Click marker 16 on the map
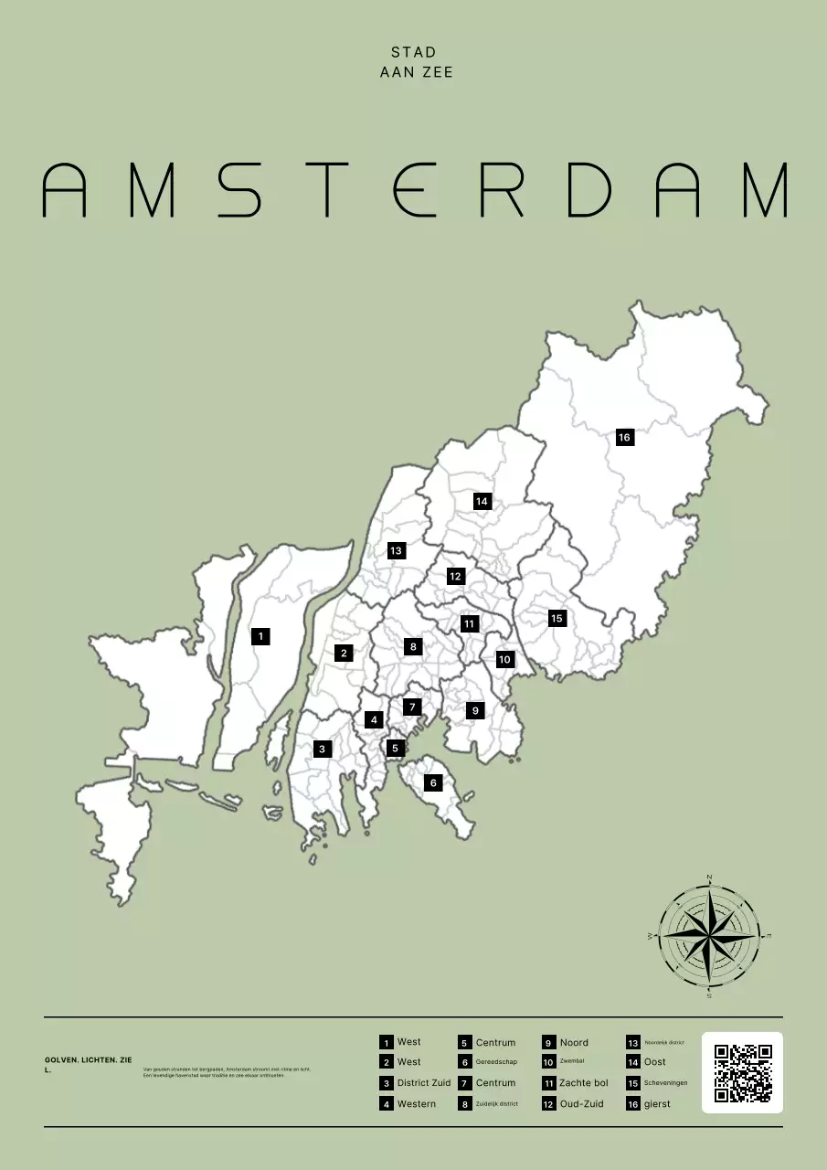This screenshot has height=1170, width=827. click(x=624, y=437)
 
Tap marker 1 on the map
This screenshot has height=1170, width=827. click(x=260, y=635)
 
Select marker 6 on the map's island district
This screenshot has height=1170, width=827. click(x=433, y=782)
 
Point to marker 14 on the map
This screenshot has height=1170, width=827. click(x=482, y=501)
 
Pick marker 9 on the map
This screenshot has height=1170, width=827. click(x=474, y=710)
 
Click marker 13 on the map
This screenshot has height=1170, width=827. click(x=396, y=550)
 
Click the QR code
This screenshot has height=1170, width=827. click(x=742, y=1073)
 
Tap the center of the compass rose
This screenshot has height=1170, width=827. click(x=709, y=937)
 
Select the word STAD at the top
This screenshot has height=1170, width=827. click(x=414, y=52)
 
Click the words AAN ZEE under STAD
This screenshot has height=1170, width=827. click(x=416, y=71)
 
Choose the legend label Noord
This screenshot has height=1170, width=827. click(x=574, y=1042)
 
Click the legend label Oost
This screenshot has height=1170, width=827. click(x=654, y=1062)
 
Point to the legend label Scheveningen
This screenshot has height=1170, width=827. click(x=665, y=1083)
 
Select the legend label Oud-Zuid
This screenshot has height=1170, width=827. click(x=581, y=1104)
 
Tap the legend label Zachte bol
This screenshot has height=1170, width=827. click(x=583, y=1083)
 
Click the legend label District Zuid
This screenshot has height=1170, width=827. click(x=423, y=1083)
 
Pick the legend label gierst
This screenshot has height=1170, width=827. click(x=657, y=1104)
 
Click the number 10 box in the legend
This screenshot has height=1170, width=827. click(x=548, y=1062)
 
